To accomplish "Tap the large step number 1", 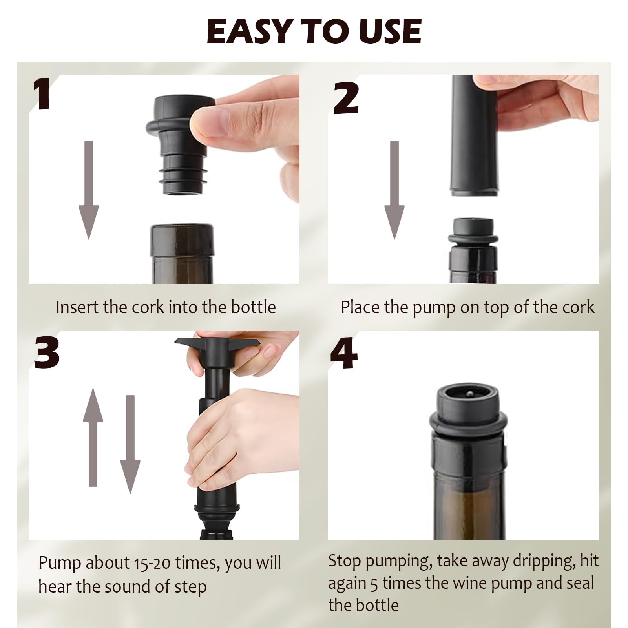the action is [x=42, y=94].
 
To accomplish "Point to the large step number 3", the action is [x=46, y=353].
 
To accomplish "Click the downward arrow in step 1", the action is [x=89, y=190].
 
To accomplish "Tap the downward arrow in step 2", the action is [x=394, y=190].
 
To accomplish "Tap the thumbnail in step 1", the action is [x=210, y=122].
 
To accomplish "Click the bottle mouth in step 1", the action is [x=182, y=239].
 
